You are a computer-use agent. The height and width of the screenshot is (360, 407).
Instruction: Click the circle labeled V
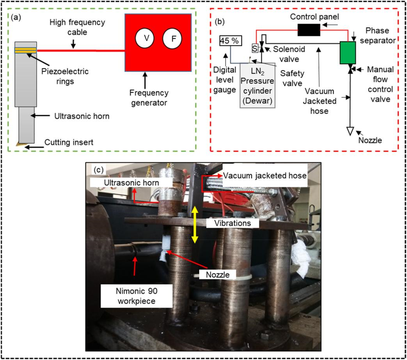(x=145, y=38)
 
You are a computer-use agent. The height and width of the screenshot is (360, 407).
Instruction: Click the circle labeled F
(x=172, y=39)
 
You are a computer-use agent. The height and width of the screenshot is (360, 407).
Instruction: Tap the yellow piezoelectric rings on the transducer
(x=25, y=50)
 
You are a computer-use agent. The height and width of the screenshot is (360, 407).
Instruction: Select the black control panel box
(x=309, y=30)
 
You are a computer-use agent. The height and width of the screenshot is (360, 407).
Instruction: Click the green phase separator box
(x=348, y=53)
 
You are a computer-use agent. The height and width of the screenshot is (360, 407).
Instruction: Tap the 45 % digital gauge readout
(x=231, y=41)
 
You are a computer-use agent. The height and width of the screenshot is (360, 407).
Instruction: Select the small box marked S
(x=255, y=48)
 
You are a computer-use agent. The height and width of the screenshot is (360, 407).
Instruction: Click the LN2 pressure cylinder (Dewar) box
(x=257, y=85)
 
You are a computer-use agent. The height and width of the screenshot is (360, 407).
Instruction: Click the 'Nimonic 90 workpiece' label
(x=137, y=296)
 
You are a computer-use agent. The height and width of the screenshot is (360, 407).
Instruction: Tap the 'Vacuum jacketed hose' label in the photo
(x=265, y=176)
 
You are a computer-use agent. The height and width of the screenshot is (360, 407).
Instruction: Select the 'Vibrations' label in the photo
(x=233, y=223)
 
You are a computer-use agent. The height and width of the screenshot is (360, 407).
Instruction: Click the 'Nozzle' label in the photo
(x=217, y=275)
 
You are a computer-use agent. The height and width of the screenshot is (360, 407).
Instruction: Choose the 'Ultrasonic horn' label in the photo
(x=132, y=183)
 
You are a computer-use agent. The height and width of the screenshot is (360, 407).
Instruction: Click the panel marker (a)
(x=16, y=18)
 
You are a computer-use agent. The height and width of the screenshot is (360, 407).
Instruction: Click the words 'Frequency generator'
(x=149, y=98)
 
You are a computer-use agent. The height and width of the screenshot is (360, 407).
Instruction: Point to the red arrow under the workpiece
(x=135, y=266)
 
